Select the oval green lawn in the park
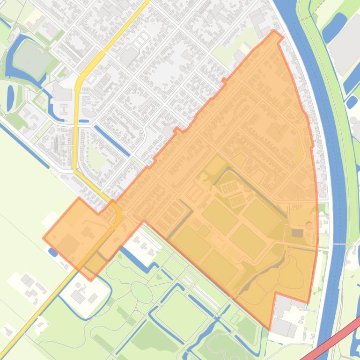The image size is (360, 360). coord(141,292)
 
